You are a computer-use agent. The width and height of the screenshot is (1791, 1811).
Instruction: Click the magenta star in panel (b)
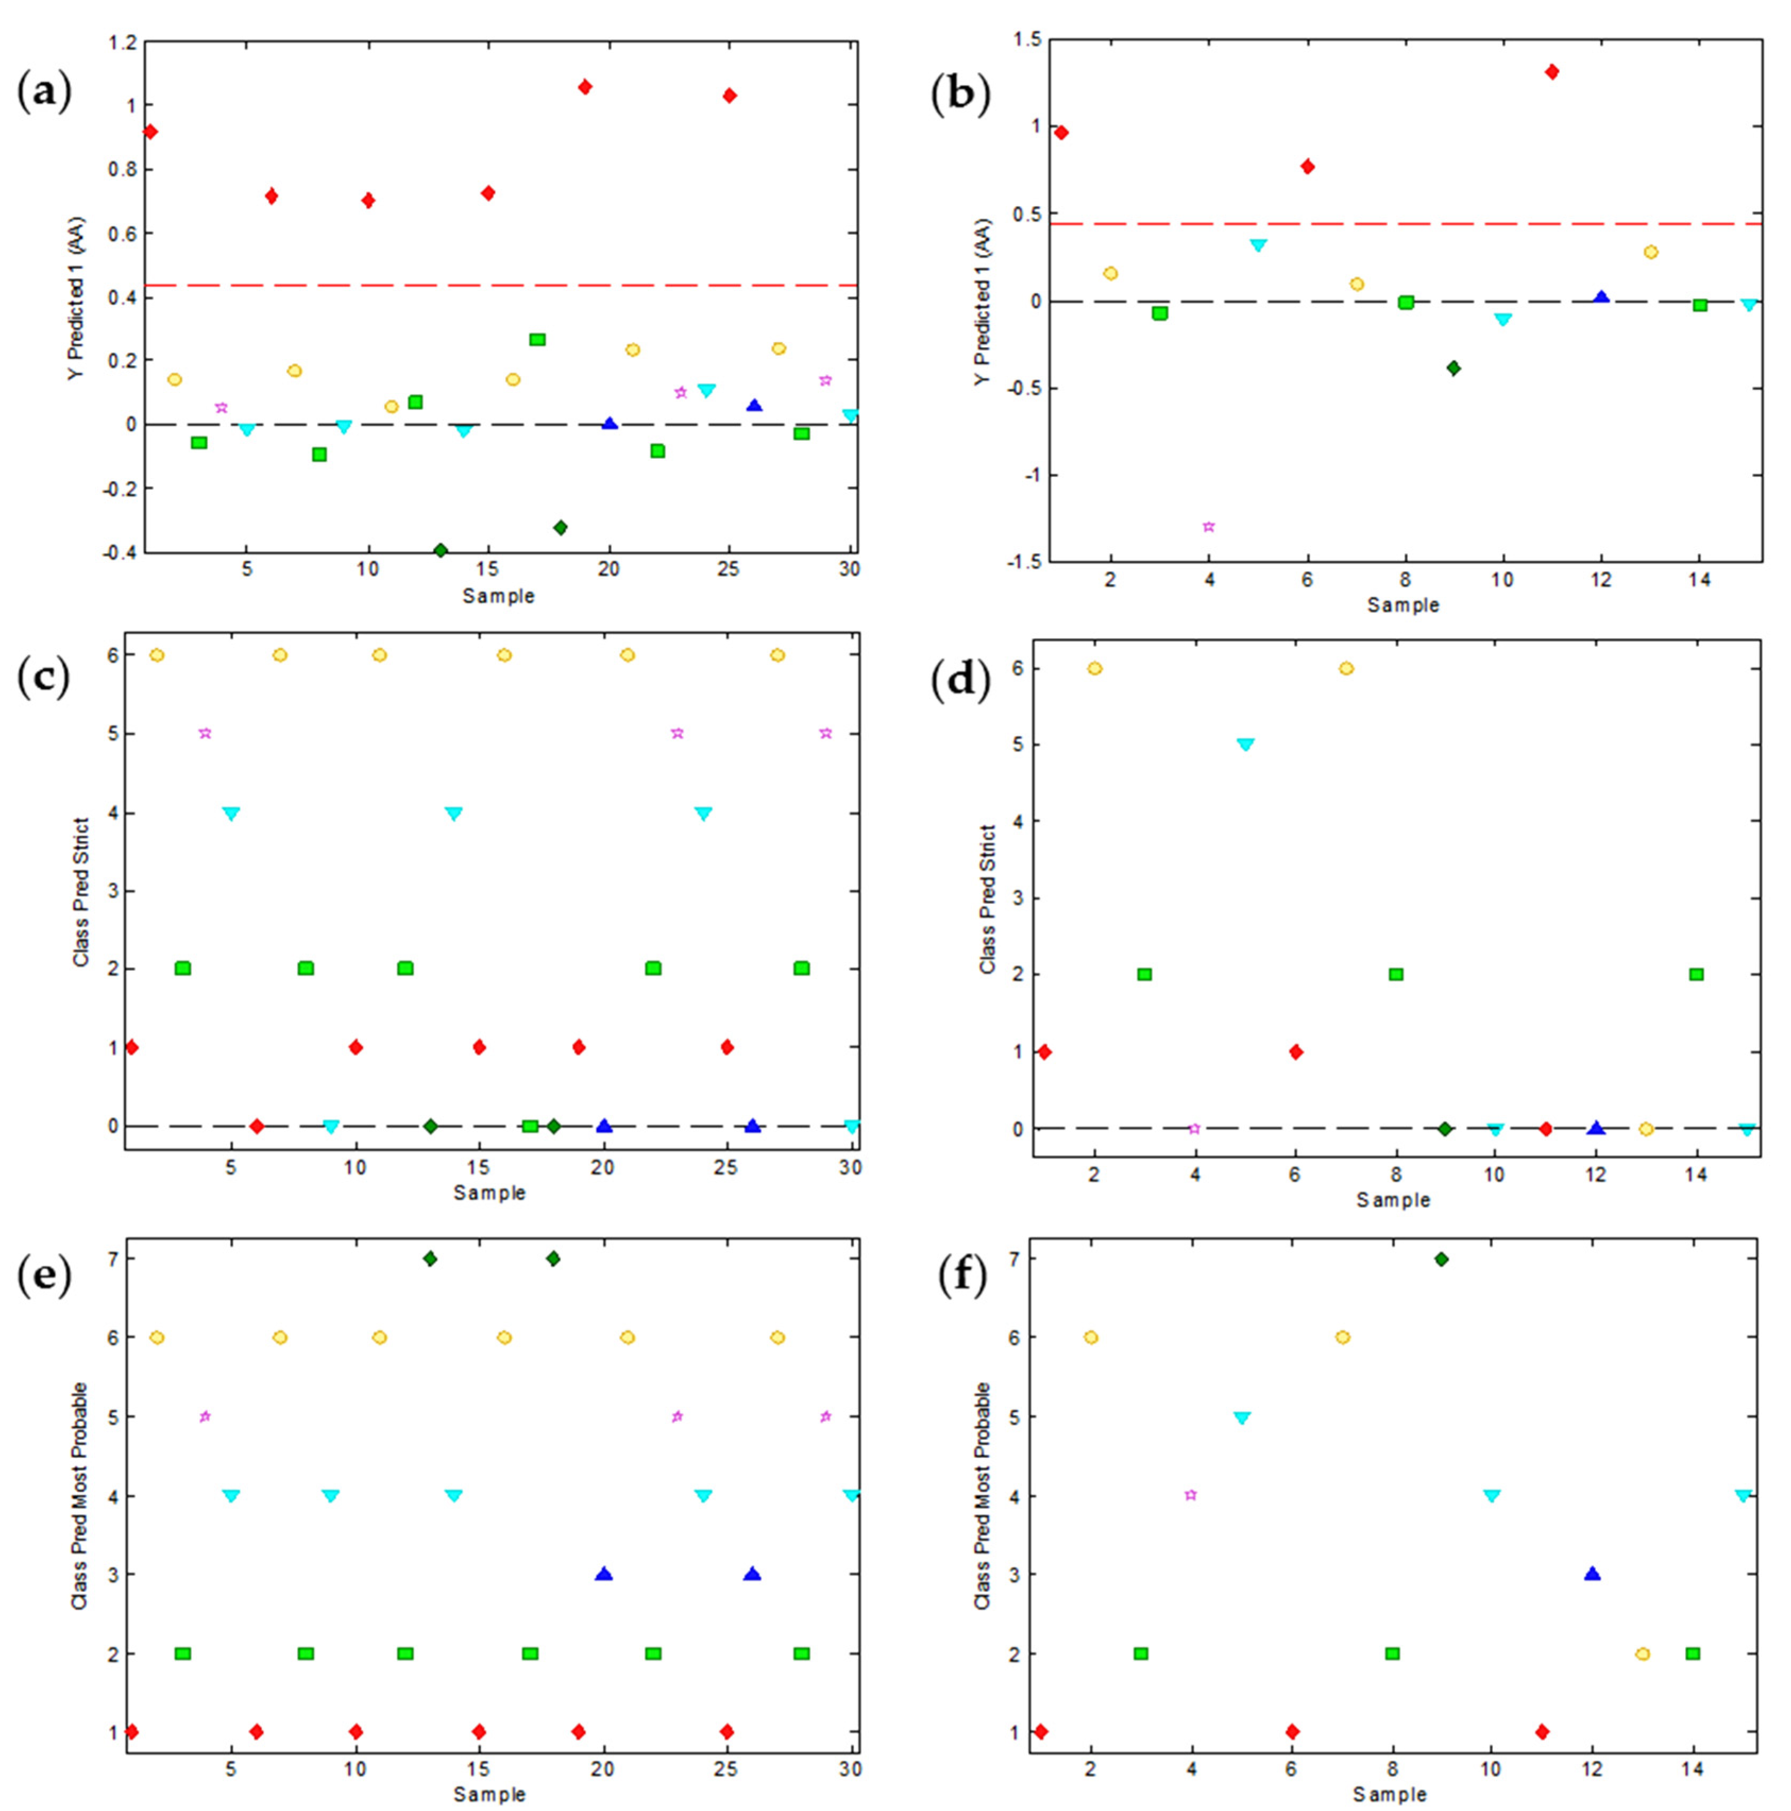coord(1209,527)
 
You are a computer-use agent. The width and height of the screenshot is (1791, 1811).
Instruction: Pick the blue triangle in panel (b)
coord(1601,297)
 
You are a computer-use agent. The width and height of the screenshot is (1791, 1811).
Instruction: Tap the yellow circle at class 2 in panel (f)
coord(1642,1653)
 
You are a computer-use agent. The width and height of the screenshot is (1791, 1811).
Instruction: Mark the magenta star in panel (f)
coord(1191,1495)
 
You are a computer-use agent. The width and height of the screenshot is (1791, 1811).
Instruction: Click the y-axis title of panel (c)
coord(82,892)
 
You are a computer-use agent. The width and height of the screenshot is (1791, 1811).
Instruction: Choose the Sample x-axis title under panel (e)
coord(489,1794)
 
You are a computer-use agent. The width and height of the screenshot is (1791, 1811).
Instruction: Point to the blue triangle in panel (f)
coord(1592,1574)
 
